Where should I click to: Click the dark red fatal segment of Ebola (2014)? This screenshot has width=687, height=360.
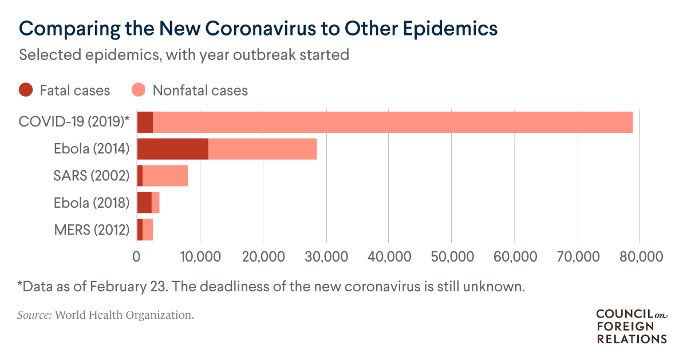coord(172,149)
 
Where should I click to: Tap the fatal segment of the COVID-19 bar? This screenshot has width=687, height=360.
coord(145,122)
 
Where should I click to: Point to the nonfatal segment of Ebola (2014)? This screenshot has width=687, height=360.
coord(262,149)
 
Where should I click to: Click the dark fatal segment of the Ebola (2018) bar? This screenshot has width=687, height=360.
coord(144,203)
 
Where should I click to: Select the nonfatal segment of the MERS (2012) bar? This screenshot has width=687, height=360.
coord(148,230)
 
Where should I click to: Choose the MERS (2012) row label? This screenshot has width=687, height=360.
coord(92,230)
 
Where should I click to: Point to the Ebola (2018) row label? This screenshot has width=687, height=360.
coord(92,203)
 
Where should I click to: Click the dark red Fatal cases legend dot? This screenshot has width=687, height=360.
coord(26,90)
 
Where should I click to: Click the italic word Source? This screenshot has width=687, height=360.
coord(34,315)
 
